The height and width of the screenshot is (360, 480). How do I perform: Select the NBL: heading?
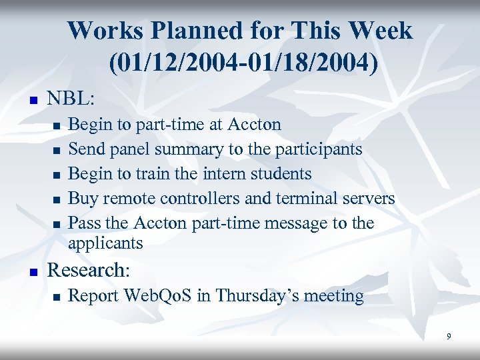pyautogui.click(x=71, y=99)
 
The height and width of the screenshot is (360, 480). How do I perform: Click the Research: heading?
pyautogui.click(x=87, y=270)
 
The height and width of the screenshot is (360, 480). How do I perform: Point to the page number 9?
pyautogui.click(x=449, y=337)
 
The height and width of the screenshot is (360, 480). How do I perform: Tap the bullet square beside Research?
pyautogui.click(x=30, y=272)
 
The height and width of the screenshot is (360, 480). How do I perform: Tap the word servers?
pyautogui.click(x=368, y=198)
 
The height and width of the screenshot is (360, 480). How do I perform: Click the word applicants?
pyautogui.click(x=105, y=243)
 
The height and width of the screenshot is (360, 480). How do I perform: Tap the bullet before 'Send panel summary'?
pyautogui.click(x=57, y=150)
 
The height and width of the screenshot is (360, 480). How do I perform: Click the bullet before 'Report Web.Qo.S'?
pyautogui.click(x=57, y=297)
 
